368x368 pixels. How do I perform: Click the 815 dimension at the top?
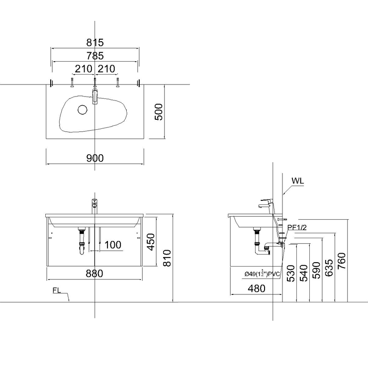[95, 43]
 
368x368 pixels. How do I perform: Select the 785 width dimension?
[95, 56]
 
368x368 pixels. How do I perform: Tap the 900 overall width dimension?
[95, 158]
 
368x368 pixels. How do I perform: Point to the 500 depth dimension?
[159, 112]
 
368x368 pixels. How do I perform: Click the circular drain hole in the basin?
[83, 110]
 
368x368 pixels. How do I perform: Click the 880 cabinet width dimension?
[94, 274]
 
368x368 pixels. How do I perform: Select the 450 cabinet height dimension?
[151, 242]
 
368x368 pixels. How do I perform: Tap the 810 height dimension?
[167, 258]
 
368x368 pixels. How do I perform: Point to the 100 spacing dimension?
[113, 245]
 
